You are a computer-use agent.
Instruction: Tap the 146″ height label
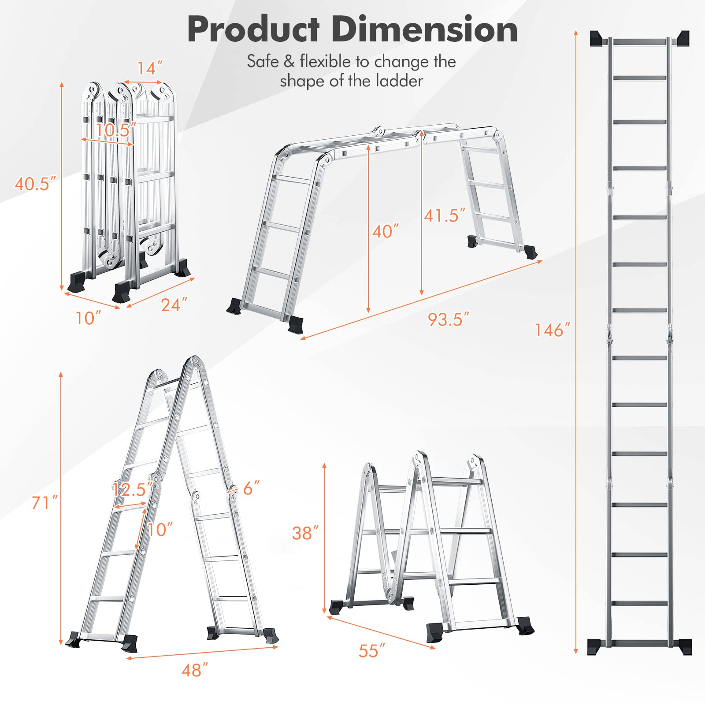pyautogui.click(x=552, y=330)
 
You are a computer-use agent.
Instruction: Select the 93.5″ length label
pyautogui.click(x=449, y=319)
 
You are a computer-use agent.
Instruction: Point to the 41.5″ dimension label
pyautogui.click(x=445, y=215)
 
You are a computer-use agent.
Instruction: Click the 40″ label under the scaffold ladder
pyautogui.click(x=386, y=231)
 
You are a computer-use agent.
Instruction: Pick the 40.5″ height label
pyautogui.click(x=36, y=183)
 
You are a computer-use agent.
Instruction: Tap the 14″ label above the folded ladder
pyautogui.click(x=150, y=68)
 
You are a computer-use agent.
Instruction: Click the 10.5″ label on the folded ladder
pyautogui.click(x=116, y=130)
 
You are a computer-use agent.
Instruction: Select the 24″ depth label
pyautogui.click(x=174, y=304)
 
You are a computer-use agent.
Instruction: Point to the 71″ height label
pyautogui.click(x=45, y=502)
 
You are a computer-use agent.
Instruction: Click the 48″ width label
pyautogui.click(x=195, y=670)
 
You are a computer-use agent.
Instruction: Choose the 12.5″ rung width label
pyautogui.click(x=133, y=489)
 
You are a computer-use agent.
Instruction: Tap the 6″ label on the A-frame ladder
pyautogui.click(x=252, y=488)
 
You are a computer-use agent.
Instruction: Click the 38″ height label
pyautogui.click(x=305, y=533)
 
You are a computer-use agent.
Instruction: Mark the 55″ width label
pyautogui.click(x=372, y=651)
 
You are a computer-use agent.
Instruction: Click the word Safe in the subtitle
pyautogui.click(x=262, y=61)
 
